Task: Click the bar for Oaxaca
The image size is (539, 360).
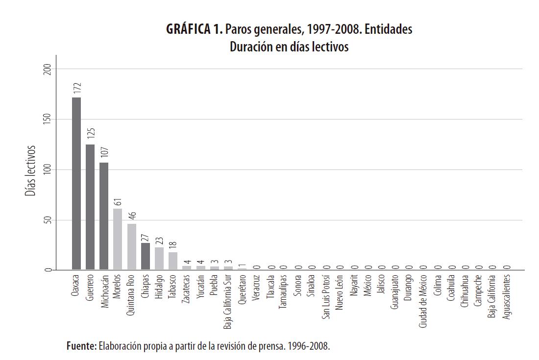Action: [76, 184]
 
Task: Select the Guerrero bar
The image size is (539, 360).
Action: [90, 207]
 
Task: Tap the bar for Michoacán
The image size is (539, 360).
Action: [104, 216]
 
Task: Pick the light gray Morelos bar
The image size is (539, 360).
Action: [118, 239]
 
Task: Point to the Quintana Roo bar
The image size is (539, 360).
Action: [131, 247]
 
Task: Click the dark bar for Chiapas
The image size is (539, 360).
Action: [146, 256]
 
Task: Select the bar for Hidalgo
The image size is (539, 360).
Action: [159, 258]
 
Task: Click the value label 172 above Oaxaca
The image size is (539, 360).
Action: [77, 89]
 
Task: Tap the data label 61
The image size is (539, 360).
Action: [118, 202]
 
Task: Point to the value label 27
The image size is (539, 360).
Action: [146, 237]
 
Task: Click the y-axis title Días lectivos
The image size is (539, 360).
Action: [30, 169]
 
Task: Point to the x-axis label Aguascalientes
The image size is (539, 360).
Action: [507, 296]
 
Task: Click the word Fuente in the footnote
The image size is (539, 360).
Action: [82, 346]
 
